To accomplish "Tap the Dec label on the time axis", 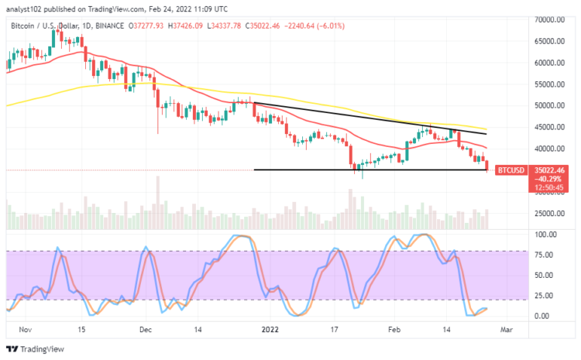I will click(146, 329).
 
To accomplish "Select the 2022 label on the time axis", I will click(271, 329).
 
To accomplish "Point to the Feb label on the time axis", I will click(394, 329).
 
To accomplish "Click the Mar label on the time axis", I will click(507, 329).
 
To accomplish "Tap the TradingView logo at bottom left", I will click(35, 348).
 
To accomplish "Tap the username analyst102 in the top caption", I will click(26, 9).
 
